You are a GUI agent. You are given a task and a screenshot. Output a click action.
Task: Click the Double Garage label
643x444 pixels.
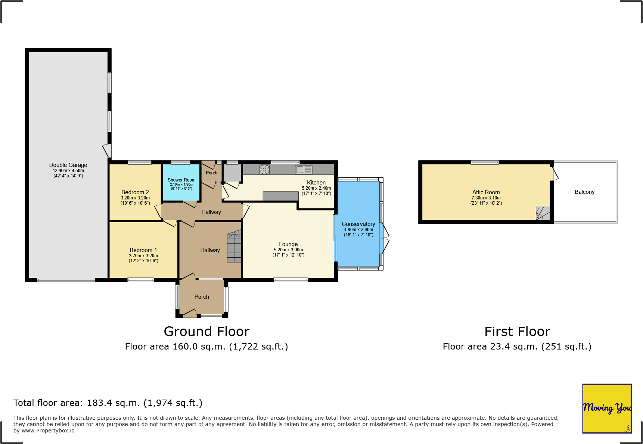(x=68, y=165)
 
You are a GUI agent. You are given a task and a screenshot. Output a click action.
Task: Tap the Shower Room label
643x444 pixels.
(x=181, y=180)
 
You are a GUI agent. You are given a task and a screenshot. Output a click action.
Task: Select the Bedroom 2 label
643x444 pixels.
(x=135, y=192)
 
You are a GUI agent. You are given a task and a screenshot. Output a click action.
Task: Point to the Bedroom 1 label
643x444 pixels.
(x=143, y=250)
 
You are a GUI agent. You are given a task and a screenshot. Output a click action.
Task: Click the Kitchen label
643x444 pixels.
(x=316, y=183)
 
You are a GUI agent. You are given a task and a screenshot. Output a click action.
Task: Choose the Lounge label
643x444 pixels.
(x=288, y=244)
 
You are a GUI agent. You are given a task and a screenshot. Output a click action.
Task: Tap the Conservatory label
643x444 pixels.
(x=358, y=224)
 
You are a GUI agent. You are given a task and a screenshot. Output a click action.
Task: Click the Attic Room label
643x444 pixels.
(x=486, y=192)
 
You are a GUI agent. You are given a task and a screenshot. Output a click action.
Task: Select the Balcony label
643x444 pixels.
(x=584, y=192)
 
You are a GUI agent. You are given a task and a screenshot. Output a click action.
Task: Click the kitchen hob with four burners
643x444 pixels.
(x=264, y=170)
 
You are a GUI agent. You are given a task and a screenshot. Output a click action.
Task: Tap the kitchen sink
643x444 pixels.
(x=304, y=170)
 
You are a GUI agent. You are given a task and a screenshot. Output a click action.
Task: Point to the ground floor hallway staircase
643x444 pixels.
(x=234, y=246)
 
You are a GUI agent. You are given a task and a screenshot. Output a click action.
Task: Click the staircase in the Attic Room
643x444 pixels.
(x=543, y=213)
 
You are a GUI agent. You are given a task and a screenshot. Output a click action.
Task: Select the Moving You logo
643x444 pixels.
(x=607, y=409)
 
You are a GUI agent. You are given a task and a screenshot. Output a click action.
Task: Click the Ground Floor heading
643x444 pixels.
(x=206, y=332)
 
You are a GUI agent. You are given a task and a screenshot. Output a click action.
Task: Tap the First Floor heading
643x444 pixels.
(x=517, y=332)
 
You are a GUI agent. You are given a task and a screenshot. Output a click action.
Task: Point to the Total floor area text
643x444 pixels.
(x=108, y=403)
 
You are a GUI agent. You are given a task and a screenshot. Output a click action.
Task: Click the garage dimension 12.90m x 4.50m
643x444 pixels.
(x=68, y=171)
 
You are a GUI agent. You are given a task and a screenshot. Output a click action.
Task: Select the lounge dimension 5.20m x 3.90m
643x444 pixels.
(x=288, y=250)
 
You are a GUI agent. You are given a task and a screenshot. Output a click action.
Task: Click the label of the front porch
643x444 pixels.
(x=202, y=297)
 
